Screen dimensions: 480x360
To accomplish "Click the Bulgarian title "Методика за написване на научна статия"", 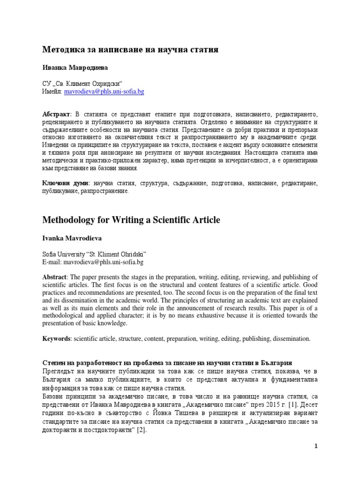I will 130,49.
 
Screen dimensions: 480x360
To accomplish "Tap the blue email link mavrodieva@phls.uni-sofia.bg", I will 104,92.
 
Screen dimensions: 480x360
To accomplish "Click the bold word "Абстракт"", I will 56,115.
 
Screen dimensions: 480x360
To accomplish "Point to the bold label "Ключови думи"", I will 65,183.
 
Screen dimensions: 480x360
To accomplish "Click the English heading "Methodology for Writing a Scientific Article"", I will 131,220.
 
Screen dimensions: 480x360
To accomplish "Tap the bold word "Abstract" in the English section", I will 55,276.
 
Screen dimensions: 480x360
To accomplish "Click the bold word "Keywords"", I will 56,338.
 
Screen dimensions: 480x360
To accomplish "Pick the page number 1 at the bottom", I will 316,446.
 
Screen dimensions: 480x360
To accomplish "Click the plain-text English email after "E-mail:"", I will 104,262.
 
